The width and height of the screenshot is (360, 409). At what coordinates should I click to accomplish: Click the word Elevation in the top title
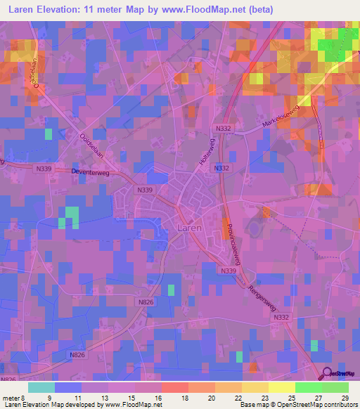click(x=65, y=9)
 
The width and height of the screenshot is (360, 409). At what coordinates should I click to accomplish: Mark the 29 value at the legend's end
click(x=345, y=397)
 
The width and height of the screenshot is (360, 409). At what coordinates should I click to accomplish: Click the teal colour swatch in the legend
click(x=41, y=387)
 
